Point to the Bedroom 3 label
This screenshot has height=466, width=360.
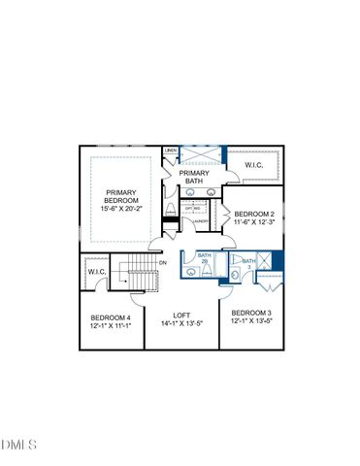coord(250,314)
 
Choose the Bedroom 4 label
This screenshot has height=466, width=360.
coord(111,317)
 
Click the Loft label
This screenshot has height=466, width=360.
coord(180,315)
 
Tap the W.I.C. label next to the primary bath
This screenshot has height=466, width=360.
coord(254,165)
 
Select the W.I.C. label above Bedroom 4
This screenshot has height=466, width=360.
coord(96,272)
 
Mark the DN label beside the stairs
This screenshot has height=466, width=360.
coord(163,263)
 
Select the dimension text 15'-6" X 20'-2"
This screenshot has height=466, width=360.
coord(121,209)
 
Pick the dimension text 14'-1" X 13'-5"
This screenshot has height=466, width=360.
coord(180,323)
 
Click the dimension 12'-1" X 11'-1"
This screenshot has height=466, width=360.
coord(111,326)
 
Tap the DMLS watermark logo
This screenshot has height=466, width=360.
coord(18,445)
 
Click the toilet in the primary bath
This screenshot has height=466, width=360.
coord(172,211)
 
